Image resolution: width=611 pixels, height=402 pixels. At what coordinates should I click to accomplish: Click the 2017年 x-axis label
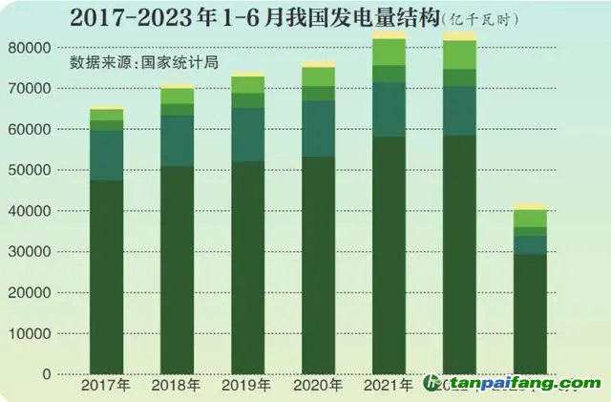(x=106, y=385)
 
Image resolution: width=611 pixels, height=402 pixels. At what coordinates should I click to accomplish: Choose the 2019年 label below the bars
(x=247, y=385)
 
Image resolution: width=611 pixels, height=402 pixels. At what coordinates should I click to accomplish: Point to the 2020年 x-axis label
(x=318, y=385)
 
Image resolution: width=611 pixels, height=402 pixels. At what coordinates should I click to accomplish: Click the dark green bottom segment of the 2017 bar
(x=107, y=277)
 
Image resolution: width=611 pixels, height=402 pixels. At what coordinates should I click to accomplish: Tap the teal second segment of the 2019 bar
(x=248, y=135)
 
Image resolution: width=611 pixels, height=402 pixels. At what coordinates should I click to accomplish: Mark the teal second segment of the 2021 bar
(x=390, y=110)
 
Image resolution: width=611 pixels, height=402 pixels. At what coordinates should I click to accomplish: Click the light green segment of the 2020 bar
(x=319, y=76)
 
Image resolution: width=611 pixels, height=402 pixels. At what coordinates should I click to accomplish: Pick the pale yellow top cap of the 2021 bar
(x=390, y=34)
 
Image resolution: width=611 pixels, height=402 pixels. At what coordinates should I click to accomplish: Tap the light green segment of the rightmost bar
(x=530, y=219)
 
